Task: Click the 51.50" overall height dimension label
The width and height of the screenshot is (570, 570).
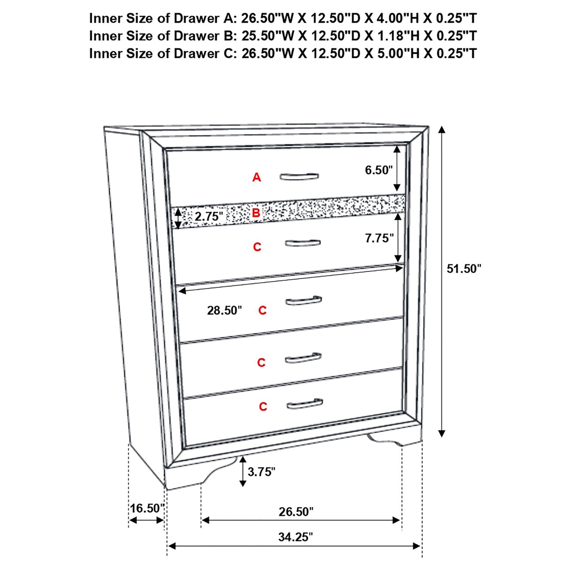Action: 464,269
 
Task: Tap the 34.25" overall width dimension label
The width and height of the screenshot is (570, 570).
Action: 295,537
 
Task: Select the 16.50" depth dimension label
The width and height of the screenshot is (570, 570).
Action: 146,508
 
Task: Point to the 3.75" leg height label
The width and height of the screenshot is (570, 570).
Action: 262,472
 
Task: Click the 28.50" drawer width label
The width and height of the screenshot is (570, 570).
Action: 224,310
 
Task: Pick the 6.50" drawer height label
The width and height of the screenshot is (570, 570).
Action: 378,170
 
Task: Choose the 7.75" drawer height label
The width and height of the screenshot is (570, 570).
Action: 379,239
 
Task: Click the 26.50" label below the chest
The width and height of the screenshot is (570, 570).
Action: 296,511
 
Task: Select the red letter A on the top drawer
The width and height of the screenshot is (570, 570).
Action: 256,177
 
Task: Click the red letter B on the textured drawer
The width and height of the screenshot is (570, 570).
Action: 256,213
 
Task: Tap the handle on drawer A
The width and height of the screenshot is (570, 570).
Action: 299,177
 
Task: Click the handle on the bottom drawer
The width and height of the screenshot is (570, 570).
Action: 304,404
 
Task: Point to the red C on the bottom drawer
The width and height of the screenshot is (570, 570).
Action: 263,407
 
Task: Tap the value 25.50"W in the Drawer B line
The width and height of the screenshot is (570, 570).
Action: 268,36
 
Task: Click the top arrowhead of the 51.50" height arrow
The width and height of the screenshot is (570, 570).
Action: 441,130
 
